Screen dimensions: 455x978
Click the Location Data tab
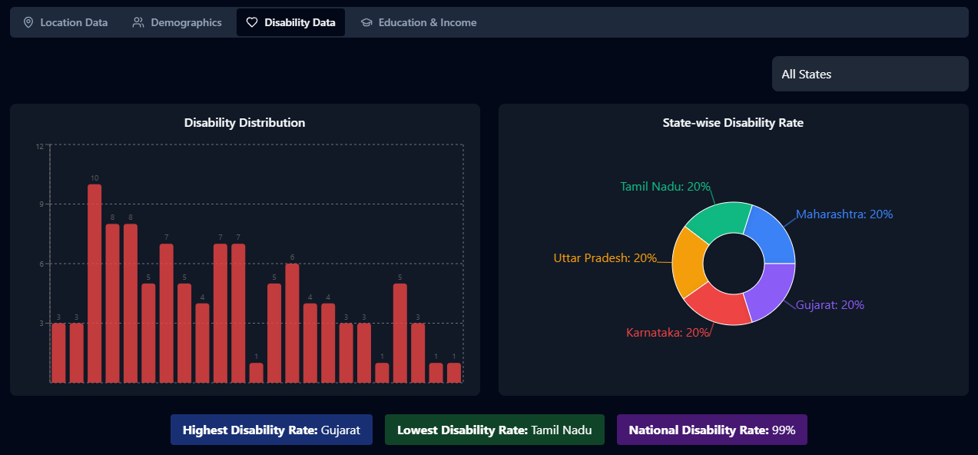65,23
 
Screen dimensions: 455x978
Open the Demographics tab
177,23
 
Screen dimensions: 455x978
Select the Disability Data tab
290,23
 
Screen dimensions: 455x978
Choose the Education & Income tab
419,23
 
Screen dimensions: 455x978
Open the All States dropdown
870,75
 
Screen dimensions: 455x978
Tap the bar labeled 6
292,323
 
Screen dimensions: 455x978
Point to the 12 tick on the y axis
40,144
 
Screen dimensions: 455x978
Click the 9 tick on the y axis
41,204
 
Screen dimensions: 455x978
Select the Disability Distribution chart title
244,123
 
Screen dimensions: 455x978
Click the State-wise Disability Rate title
733,123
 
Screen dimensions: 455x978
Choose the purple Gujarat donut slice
772,293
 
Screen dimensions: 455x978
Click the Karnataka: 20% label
668,333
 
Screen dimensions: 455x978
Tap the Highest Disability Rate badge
271,430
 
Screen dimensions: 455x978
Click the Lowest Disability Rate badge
494,430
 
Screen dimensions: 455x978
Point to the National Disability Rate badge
711,430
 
